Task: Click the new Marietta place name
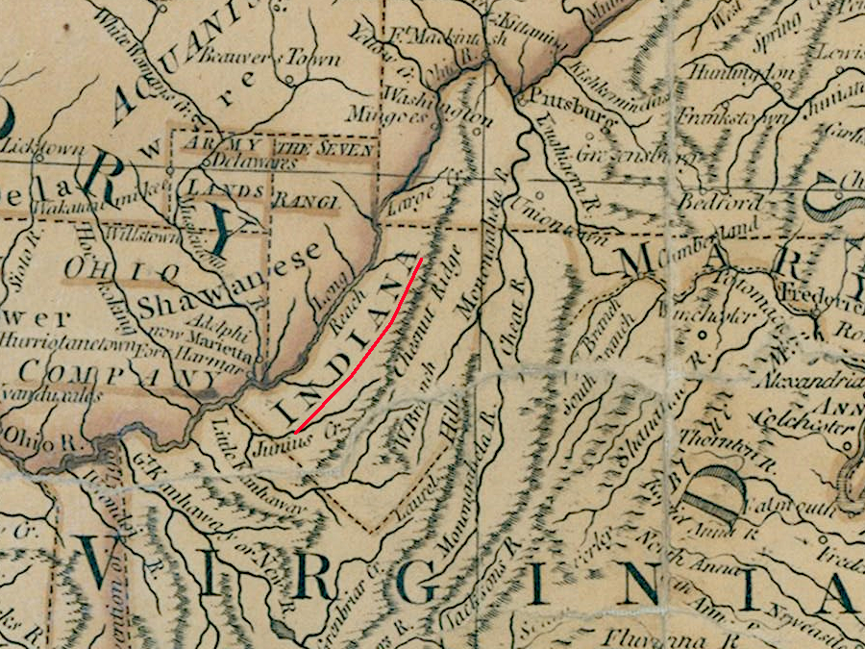pyautogui.click(x=206, y=337)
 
